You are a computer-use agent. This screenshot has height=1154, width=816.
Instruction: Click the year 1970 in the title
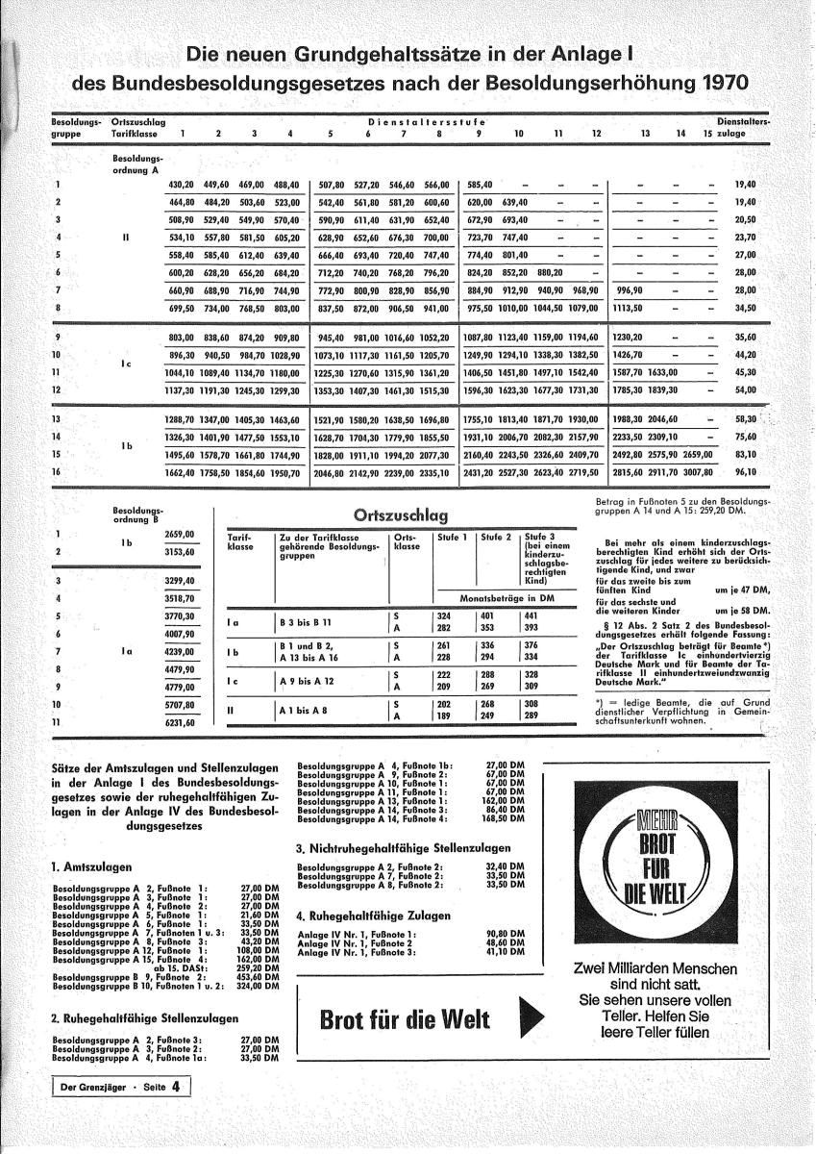(x=712, y=83)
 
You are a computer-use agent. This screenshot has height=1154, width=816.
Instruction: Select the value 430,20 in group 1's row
(x=181, y=184)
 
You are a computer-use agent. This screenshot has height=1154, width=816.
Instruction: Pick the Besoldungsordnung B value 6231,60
(x=180, y=722)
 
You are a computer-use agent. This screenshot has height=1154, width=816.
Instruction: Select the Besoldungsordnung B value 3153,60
(x=180, y=552)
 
